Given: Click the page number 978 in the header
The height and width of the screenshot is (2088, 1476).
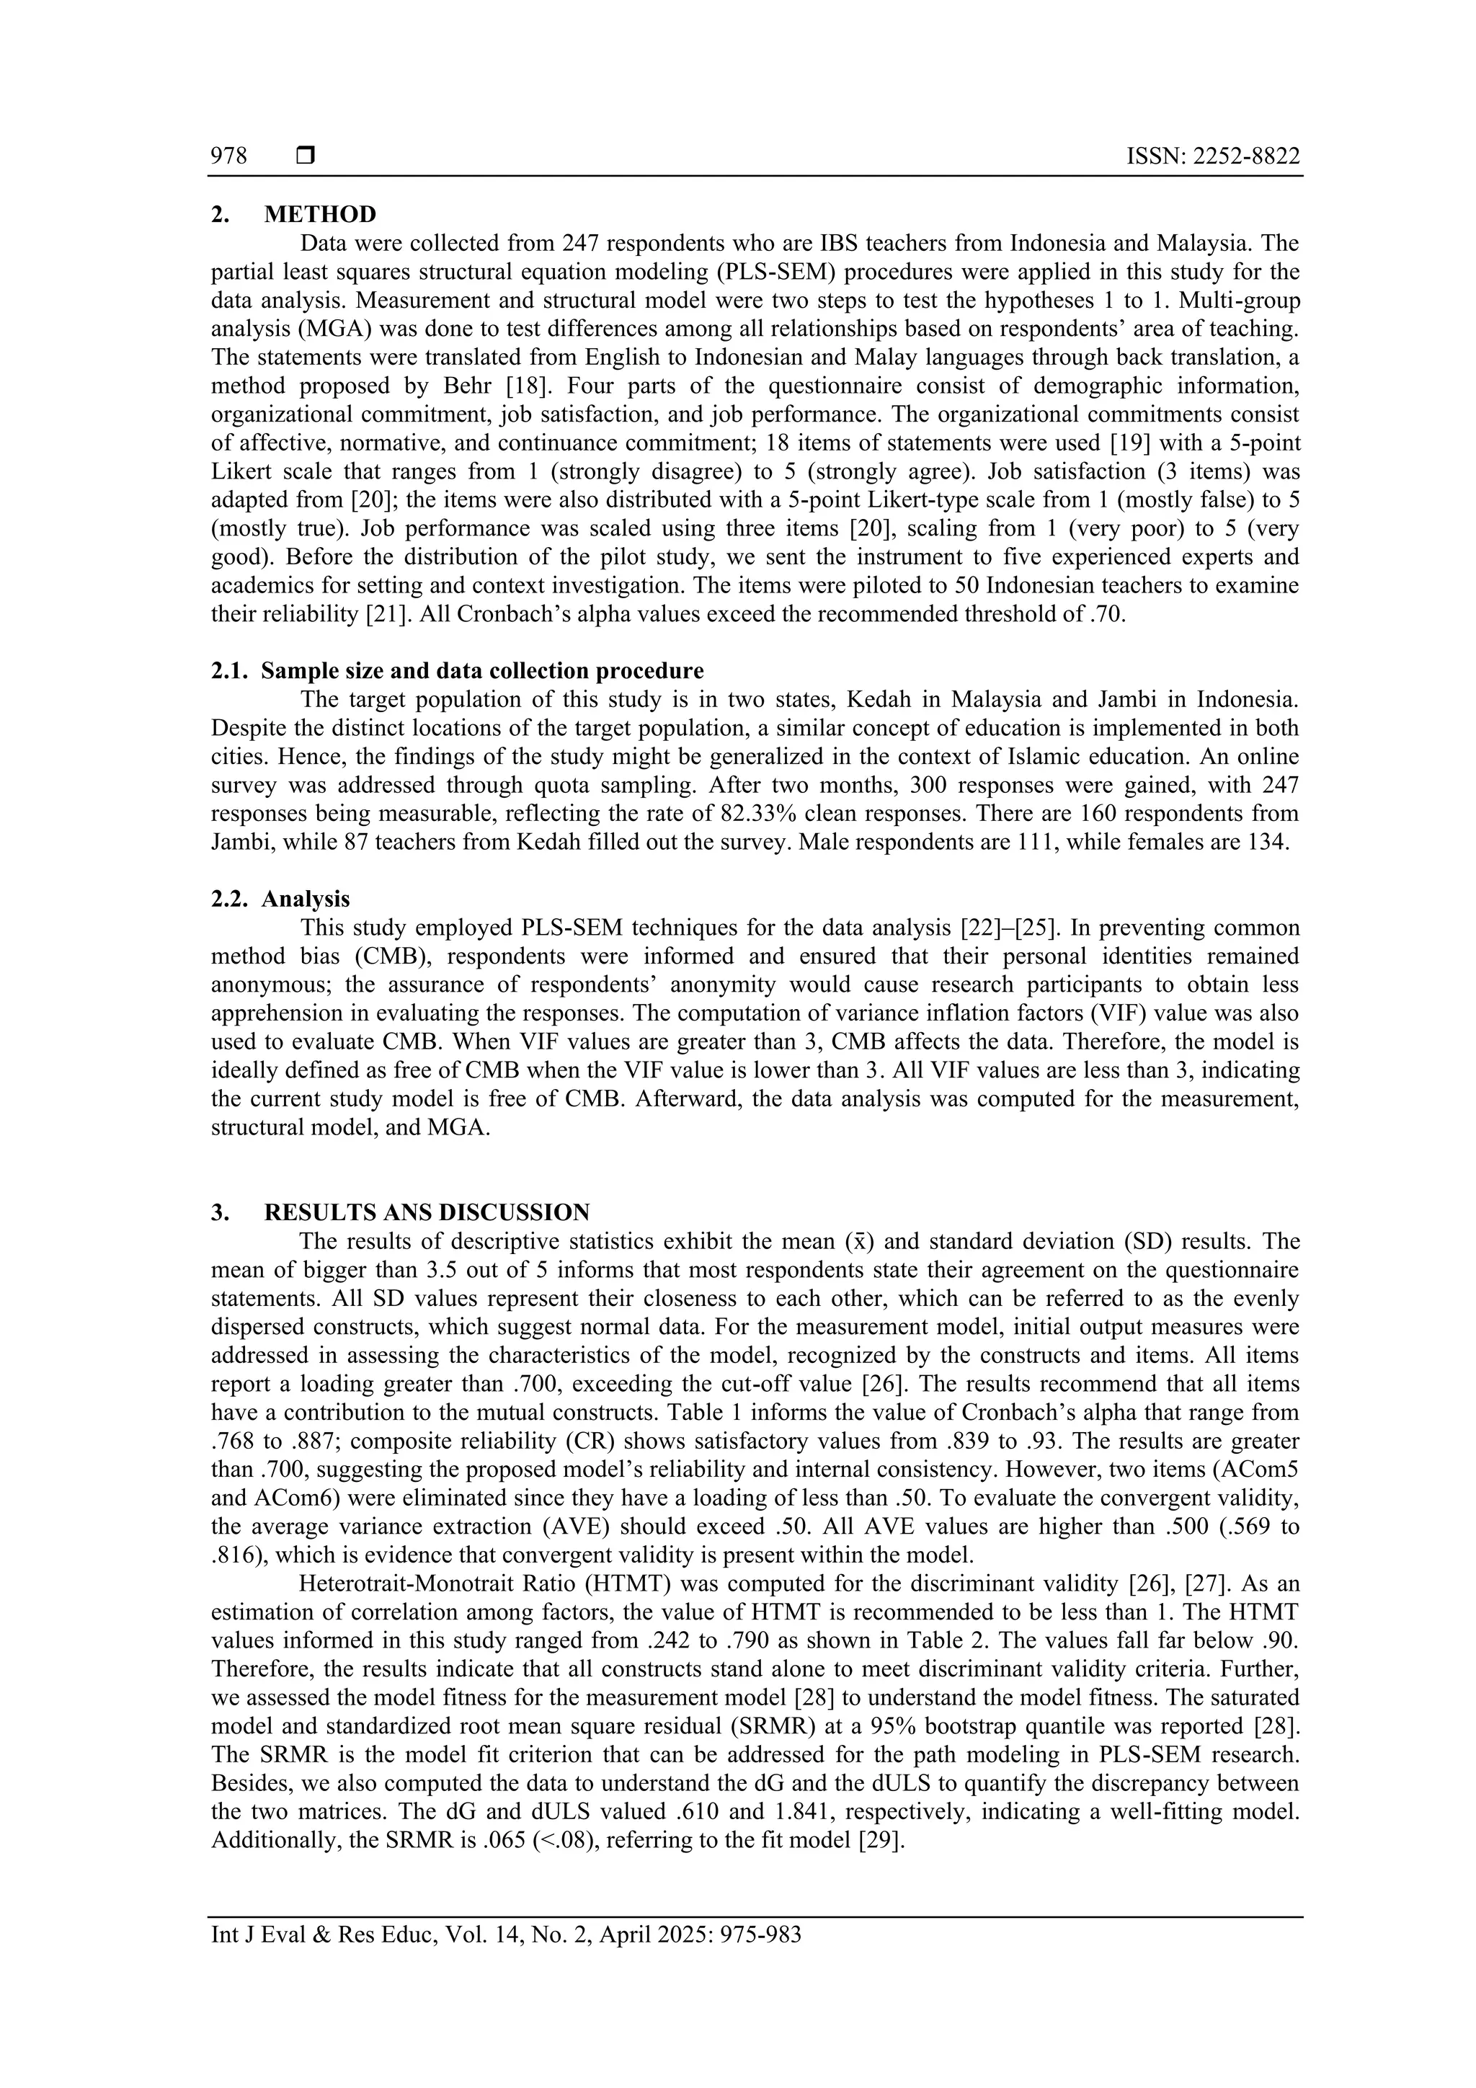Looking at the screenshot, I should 229,156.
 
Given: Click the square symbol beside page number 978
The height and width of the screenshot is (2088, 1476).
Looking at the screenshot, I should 306,156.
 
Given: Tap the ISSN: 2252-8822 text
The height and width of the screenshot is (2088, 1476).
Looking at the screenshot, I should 1212,156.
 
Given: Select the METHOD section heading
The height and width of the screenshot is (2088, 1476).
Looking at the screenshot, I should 319,215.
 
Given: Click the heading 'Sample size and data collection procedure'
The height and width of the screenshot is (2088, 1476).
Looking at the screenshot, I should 482,671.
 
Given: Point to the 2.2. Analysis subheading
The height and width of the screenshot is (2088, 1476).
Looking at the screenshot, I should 305,899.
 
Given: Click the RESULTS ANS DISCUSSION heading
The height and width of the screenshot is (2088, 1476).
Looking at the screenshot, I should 427,1212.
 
